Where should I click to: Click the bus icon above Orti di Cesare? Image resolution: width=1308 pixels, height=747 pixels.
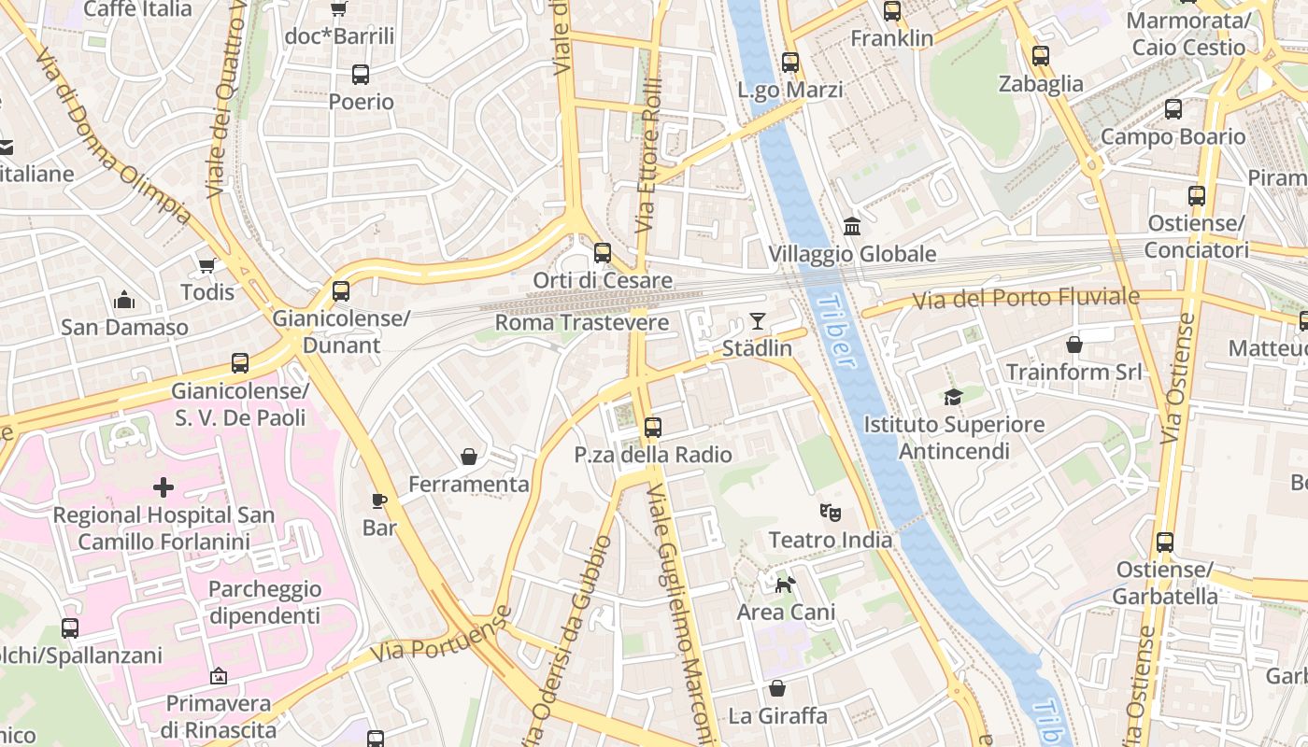click(x=603, y=253)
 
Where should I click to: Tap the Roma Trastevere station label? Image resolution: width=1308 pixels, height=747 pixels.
click(x=581, y=323)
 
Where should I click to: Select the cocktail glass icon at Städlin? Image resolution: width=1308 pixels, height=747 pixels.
click(x=758, y=321)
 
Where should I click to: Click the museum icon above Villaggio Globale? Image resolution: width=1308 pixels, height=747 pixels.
click(x=852, y=226)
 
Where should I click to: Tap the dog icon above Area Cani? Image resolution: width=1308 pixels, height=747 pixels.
click(x=786, y=585)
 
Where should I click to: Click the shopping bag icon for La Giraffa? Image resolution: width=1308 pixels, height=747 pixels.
click(x=777, y=688)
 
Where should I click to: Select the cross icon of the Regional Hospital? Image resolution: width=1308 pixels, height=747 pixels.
click(x=163, y=487)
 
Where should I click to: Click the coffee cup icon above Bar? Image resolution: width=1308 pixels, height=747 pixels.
click(x=379, y=500)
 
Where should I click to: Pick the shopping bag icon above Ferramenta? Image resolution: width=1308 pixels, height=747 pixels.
click(x=469, y=457)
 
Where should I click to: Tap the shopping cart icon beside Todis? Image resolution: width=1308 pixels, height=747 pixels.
click(x=206, y=265)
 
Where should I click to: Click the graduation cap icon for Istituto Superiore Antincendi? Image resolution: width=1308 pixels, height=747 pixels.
click(x=953, y=397)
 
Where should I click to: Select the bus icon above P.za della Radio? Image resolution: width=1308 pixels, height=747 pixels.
click(x=653, y=428)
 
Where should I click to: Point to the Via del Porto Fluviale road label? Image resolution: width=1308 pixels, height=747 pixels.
click(x=1026, y=299)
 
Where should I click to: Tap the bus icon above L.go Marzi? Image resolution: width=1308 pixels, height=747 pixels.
click(x=790, y=63)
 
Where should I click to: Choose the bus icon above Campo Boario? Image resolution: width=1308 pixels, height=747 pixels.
click(x=1173, y=109)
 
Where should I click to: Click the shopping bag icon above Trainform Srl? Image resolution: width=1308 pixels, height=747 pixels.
click(x=1074, y=345)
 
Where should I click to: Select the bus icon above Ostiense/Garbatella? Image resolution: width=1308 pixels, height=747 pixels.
click(x=1165, y=542)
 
